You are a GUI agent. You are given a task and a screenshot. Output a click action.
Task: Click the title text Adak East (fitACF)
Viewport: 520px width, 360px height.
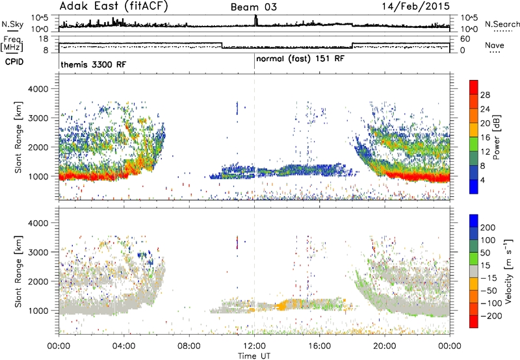pos(113,6)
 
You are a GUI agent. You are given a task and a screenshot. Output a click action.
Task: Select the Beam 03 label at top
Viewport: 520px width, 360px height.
pos(253,7)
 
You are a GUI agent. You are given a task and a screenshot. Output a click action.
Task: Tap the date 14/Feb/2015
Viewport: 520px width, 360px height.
pos(415,6)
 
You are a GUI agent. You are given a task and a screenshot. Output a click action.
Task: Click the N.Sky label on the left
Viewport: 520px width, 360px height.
pos(12,24)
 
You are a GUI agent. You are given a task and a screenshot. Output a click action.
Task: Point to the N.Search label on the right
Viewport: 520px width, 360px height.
pos(502,24)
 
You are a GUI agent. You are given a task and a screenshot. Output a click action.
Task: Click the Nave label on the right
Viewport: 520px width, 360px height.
pos(495,45)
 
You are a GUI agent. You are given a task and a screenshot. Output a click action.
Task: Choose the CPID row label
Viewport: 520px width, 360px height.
pos(14,62)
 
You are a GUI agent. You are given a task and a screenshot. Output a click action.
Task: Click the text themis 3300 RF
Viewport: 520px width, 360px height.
pos(93,64)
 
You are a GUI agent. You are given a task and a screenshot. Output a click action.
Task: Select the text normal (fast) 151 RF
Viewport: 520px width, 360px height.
pos(300,59)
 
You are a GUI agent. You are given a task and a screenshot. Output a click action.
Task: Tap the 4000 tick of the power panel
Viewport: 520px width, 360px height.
pos(38,89)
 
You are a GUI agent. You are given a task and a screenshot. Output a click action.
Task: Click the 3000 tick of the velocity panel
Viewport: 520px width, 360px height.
pos(38,252)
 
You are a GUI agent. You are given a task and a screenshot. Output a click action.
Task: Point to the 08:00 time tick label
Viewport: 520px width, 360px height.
pos(188,346)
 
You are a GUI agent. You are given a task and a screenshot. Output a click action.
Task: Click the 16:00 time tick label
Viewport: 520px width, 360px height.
pos(319,346)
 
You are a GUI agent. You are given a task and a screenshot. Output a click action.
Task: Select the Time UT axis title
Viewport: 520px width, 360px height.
pos(254,356)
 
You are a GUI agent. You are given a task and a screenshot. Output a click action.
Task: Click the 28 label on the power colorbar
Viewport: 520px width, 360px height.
pos(485,95)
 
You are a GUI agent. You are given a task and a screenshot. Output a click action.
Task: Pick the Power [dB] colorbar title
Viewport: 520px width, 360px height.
pos(497,137)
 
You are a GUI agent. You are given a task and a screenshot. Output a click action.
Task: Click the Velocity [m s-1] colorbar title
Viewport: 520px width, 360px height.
pos(508,270)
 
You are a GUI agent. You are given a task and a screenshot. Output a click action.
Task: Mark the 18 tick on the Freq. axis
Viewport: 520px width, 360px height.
pos(44,39)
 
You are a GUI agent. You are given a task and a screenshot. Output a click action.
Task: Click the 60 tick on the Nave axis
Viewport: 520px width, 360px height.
pos(465,39)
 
